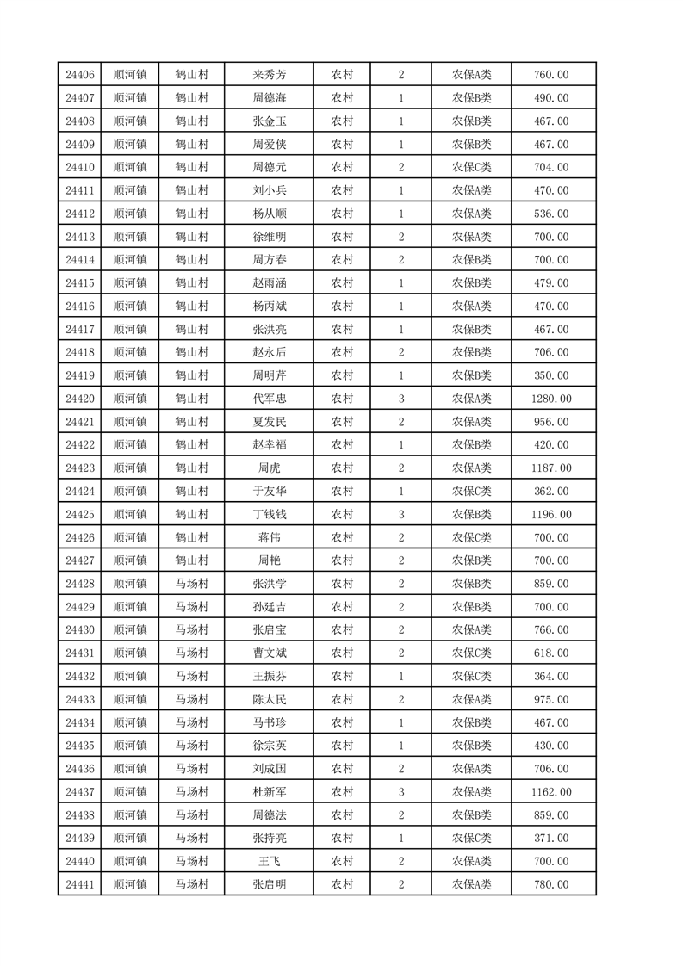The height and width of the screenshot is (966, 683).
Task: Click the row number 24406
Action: pyautogui.click(x=79, y=75)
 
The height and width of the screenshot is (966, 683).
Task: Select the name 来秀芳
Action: pyautogui.click(x=269, y=75)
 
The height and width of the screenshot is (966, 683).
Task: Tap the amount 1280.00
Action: pyautogui.click(x=551, y=399)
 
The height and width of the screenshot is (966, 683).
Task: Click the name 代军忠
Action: pyautogui.click(x=269, y=399)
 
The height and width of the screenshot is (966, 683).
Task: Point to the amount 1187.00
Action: pyautogui.click(x=551, y=468)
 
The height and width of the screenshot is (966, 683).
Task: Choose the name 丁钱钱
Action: pyautogui.click(x=269, y=515)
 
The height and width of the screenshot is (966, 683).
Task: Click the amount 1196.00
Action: pyautogui.click(x=551, y=515)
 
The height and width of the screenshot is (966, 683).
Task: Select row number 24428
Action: pyautogui.click(x=79, y=584)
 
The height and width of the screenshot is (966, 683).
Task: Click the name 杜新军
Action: pyautogui.click(x=269, y=792)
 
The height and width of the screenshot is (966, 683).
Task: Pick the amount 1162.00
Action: pyautogui.click(x=551, y=792)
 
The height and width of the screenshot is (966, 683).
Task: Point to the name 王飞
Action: pyautogui.click(x=269, y=861)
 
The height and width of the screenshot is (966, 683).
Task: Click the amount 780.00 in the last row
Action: pyautogui.click(x=551, y=884)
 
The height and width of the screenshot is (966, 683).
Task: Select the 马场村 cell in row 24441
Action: pyautogui.click(x=191, y=884)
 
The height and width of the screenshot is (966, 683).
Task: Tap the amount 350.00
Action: pyautogui.click(x=551, y=375)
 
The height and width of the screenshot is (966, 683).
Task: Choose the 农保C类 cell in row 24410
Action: pyautogui.click(x=471, y=168)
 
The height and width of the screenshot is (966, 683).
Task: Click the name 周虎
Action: pyautogui.click(x=269, y=468)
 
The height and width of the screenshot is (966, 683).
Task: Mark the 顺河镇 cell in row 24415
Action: pyautogui.click(x=130, y=283)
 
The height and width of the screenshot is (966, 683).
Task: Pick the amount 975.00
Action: pyautogui.click(x=551, y=699)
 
